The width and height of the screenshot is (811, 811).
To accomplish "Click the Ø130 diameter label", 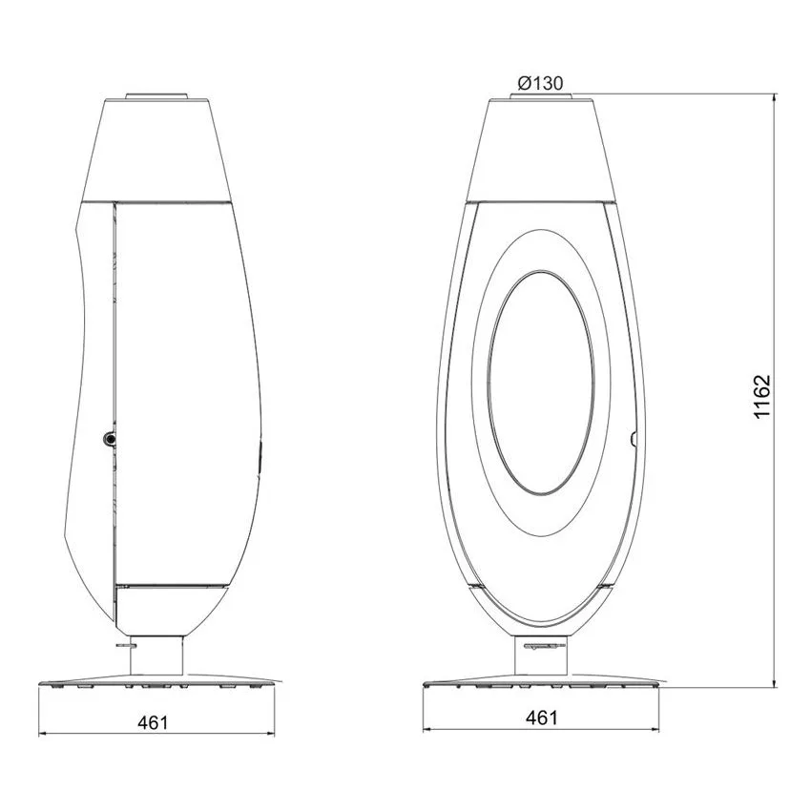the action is [x=540, y=83].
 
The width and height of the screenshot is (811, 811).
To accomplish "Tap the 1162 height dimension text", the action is [x=762, y=397].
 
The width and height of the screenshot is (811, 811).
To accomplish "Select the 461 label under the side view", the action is [x=153, y=722].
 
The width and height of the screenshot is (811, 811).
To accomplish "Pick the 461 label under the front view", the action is [x=542, y=717].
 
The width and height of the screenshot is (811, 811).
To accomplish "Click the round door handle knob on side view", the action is [x=110, y=439].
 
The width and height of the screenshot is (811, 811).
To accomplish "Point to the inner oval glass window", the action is [x=541, y=382].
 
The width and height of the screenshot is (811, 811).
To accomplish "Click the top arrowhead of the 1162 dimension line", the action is [x=775, y=97].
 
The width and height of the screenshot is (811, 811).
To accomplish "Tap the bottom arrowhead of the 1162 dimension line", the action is [x=775, y=684].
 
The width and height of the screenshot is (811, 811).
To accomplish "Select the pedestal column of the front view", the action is [x=541, y=655].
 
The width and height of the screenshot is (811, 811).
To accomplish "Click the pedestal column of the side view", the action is [x=156, y=655].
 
